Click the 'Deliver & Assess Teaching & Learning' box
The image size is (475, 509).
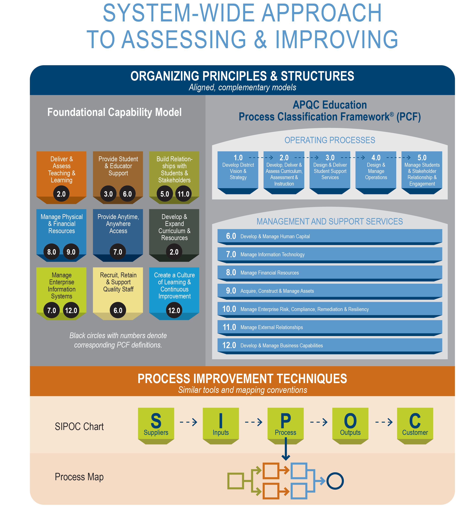pyautogui.click(x=61, y=177)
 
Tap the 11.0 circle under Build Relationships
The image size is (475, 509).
pyautogui.click(x=184, y=194)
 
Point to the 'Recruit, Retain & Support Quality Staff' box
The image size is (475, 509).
pyautogui.click(x=118, y=293)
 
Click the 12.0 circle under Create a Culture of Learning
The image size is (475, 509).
pyautogui.click(x=174, y=310)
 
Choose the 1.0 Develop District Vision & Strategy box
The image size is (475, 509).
pyautogui.click(x=238, y=173)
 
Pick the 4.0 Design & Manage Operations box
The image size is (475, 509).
pyautogui.click(x=376, y=173)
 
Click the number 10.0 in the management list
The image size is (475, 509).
pyautogui.click(x=229, y=309)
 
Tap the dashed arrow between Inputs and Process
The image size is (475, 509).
pyautogui.click(x=254, y=422)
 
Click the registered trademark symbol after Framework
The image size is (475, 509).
pyautogui.click(x=392, y=114)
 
